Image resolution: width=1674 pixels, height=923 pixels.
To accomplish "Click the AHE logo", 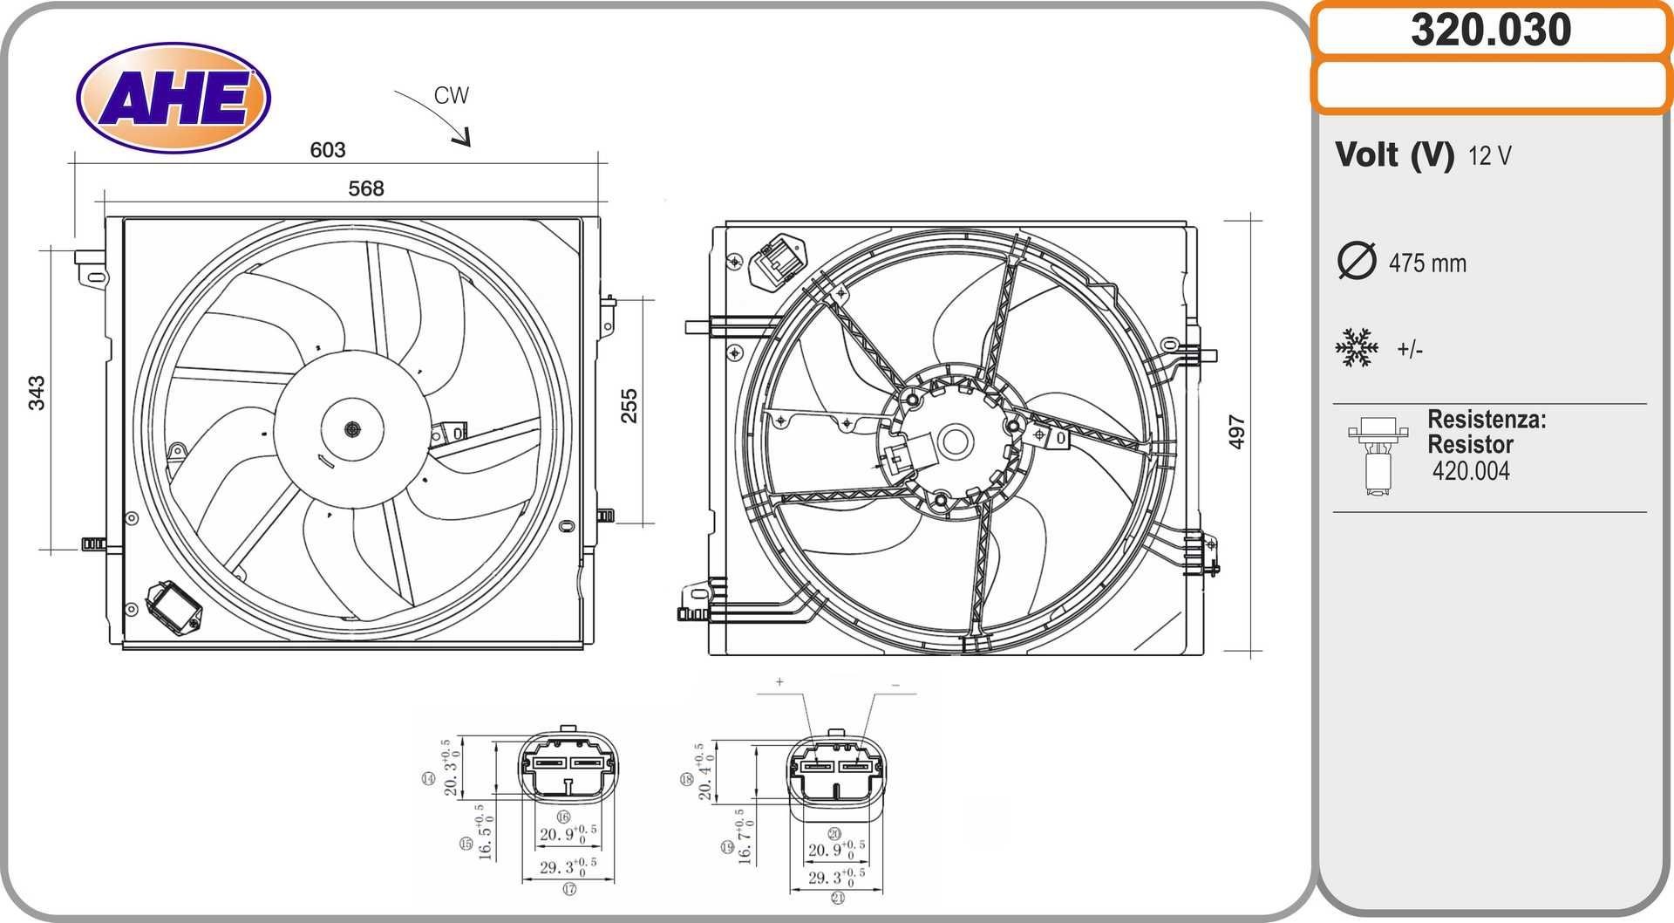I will click(x=174, y=98).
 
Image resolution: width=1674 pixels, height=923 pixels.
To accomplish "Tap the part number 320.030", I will click(x=1490, y=31).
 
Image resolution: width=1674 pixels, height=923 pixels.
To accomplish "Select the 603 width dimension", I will click(x=328, y=150).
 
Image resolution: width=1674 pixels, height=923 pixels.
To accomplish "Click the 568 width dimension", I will click(x=366, y=188).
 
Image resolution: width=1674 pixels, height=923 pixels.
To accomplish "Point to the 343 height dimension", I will click(x=37, y=393).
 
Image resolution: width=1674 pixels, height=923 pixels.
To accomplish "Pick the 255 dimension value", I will click(x=629, y=407).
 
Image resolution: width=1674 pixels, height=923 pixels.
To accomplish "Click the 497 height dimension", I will click(x=1236, y=432).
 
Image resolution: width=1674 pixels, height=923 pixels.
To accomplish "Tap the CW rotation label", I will click(x=452, y=95).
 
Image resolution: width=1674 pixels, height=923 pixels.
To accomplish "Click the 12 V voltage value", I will click(x=1489, y=156).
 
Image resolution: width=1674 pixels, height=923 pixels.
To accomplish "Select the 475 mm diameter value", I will click(x=1427, y=263).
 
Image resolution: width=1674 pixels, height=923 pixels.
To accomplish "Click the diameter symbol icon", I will click(x=1356, y=261).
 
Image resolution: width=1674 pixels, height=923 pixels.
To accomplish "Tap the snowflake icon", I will click(x=1357, y=348).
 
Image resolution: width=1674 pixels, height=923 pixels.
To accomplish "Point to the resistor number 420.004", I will click(x=1471, y=471).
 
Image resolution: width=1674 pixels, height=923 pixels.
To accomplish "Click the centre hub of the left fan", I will click(x=352, y=429).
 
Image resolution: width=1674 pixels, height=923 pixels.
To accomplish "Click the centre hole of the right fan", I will click(x=955, y=441).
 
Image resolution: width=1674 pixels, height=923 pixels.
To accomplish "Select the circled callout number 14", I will click(x=428, y=778).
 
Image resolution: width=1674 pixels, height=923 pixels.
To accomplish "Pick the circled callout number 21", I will click(x=838, y=898).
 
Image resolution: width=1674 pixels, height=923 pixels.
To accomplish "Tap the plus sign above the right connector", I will click(x=779, y=681).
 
